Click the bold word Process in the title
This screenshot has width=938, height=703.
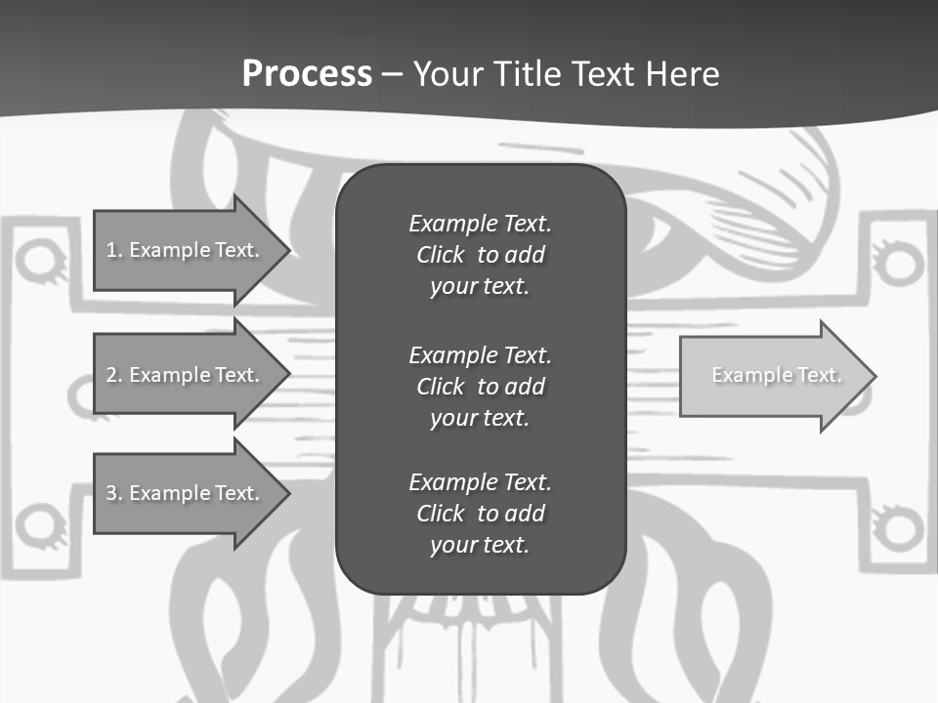click(x=307, y=74)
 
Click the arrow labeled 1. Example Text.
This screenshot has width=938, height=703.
click(x=186, y=250)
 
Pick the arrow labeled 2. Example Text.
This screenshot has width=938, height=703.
click(x=186, y=375)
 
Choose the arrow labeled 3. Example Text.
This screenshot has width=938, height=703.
click(x=186, y=493)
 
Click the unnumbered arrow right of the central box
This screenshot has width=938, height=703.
click(x=772, y=375)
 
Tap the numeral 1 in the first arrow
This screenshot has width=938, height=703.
click(x=111, y=250)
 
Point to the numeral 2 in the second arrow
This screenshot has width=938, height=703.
click(x=111, y=375)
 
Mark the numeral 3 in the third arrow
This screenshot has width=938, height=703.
click(x=111, y=493)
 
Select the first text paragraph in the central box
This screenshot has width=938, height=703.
click(x=480, y=255)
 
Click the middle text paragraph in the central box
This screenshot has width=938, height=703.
click(x=480, y=386)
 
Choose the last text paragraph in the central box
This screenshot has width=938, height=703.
click(x=480, y=514)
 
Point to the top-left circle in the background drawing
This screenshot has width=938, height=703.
click(x=39, y=260)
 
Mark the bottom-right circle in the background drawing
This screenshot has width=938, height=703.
click(x=898, y=527)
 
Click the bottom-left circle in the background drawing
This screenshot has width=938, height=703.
click(x=39, y=523)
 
